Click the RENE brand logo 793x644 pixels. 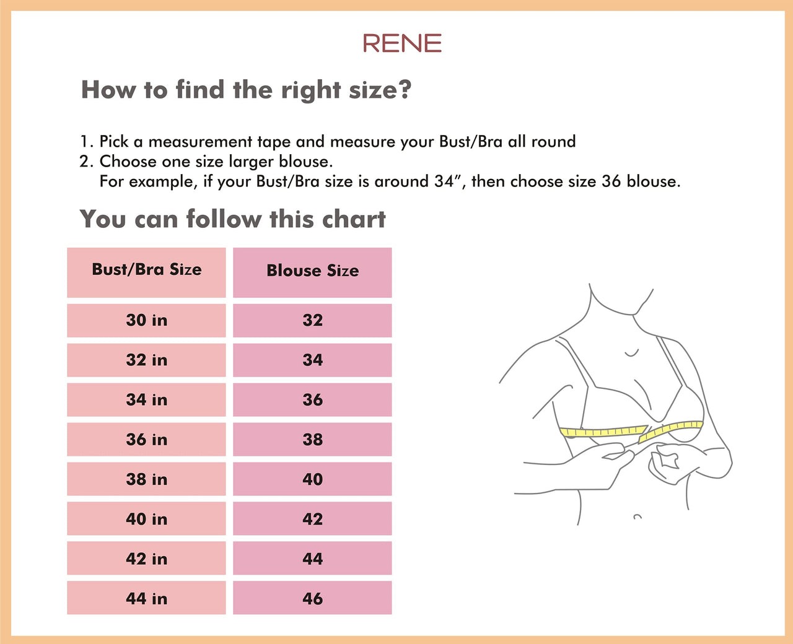tap(402, 43)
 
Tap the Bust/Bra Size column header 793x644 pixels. tap(147, 270)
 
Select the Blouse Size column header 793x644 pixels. tap(312, 271)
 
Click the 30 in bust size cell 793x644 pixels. tap(147, 320)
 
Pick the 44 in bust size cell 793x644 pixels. tap(147, 598)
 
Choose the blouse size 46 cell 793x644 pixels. tap(312, 598)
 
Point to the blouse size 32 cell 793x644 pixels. tap(312, 320)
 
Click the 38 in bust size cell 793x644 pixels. tap(147, 479)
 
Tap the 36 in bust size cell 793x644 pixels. tap(147, 440)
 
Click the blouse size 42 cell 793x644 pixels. tap(312, 519)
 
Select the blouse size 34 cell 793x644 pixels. tap(312, 360)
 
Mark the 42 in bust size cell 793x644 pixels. tap(147, 559)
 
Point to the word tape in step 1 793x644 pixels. tap(274, 142)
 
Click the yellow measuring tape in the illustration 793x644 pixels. tap(604, 431)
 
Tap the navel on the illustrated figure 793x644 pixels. tap(637, 516)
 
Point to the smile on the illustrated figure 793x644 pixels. tap(631, 354)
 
